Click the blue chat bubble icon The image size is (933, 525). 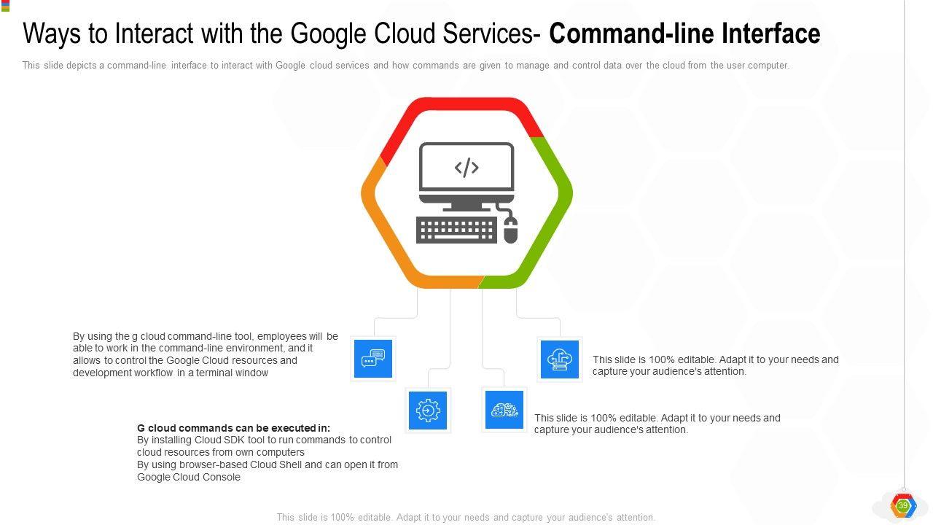(x=373, y=359)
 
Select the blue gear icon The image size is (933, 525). (x=428, y=411)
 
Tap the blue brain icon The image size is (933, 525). (x=504, y=411)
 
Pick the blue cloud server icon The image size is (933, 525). (x=560, y=359)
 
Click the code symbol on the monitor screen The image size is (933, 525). (x=466, y=168)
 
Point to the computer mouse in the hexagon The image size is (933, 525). (x=510, y=230)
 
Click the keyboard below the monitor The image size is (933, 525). (x=457, y=230)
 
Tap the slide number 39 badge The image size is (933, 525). (x=903, y=505)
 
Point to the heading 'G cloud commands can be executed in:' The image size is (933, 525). (x=233, y=428)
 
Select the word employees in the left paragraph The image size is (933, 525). (x=281, y=336)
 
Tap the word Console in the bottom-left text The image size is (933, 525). (x=222, y=477)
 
